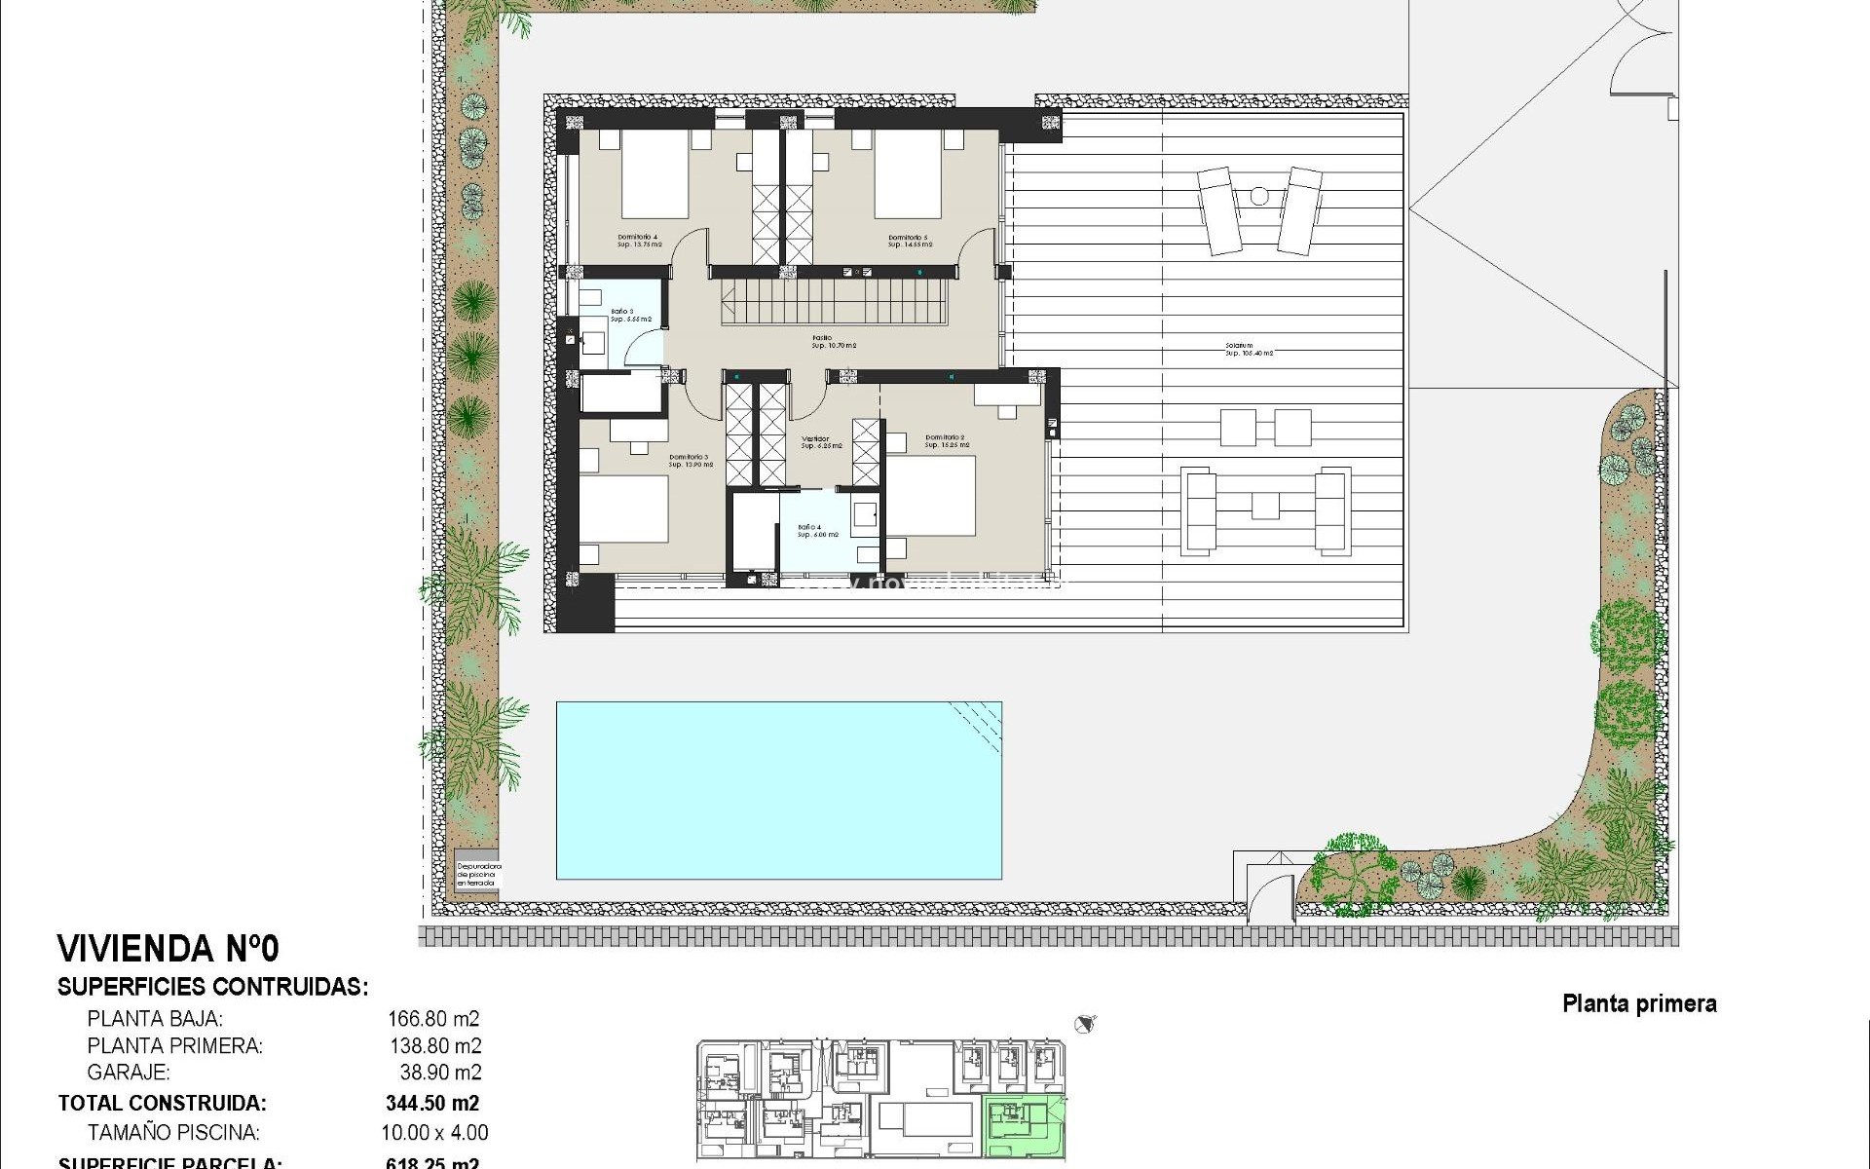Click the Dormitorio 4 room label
(638, 237)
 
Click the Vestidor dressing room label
(816, 439)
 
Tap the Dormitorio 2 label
(946, 437)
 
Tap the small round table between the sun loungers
(1259, 196)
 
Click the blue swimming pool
(778, 789)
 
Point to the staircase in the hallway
(834, 301)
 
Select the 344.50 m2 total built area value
(433, 1104)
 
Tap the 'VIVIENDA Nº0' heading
(168, 948)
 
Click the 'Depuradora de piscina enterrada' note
(478, 874)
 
